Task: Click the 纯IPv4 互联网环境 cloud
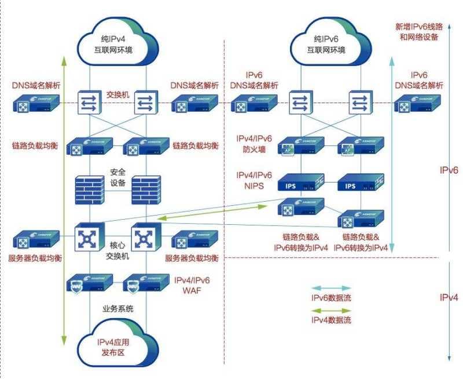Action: click(117, 42)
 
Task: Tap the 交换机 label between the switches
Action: click(117, 93)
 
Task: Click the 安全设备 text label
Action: click(117, 178)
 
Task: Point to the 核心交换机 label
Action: click(117, 249)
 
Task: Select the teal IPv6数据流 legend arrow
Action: click(331, 287)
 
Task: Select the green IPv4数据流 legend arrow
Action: click(331, 310)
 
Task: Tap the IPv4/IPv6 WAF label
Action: click(192, 285)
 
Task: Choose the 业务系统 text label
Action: click(117, 308)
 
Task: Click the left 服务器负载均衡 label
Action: click(35, 257)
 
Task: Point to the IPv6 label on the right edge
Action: click(449, 170)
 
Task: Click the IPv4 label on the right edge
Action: click(449, 297)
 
